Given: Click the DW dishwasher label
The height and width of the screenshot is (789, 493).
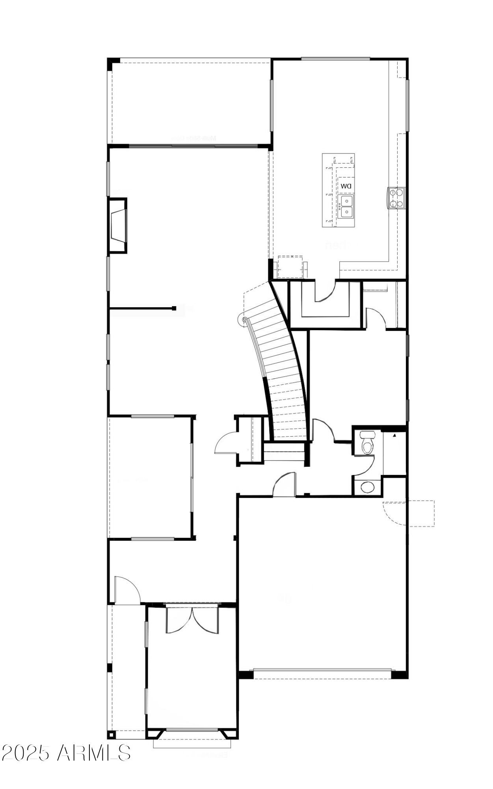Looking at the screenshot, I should click(346, 186).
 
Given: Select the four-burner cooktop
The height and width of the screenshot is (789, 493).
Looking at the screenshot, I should click(396, 198).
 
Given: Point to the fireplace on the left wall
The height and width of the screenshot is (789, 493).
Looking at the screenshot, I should click(118, 225).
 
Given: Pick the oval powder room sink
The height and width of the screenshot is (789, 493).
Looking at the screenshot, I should click(368, 487).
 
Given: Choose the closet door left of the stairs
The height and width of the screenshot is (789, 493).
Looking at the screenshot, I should click(226, 444).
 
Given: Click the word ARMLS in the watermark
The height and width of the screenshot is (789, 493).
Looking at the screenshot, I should click(94, 753).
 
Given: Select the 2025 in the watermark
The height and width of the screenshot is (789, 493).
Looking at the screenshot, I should click(27, 753).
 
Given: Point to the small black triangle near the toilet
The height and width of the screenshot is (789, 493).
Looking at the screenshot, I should click(394, 436).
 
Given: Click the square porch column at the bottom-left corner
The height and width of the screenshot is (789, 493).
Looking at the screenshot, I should click(112, 735).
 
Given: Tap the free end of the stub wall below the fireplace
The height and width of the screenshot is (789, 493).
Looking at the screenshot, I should click(174, 308).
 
